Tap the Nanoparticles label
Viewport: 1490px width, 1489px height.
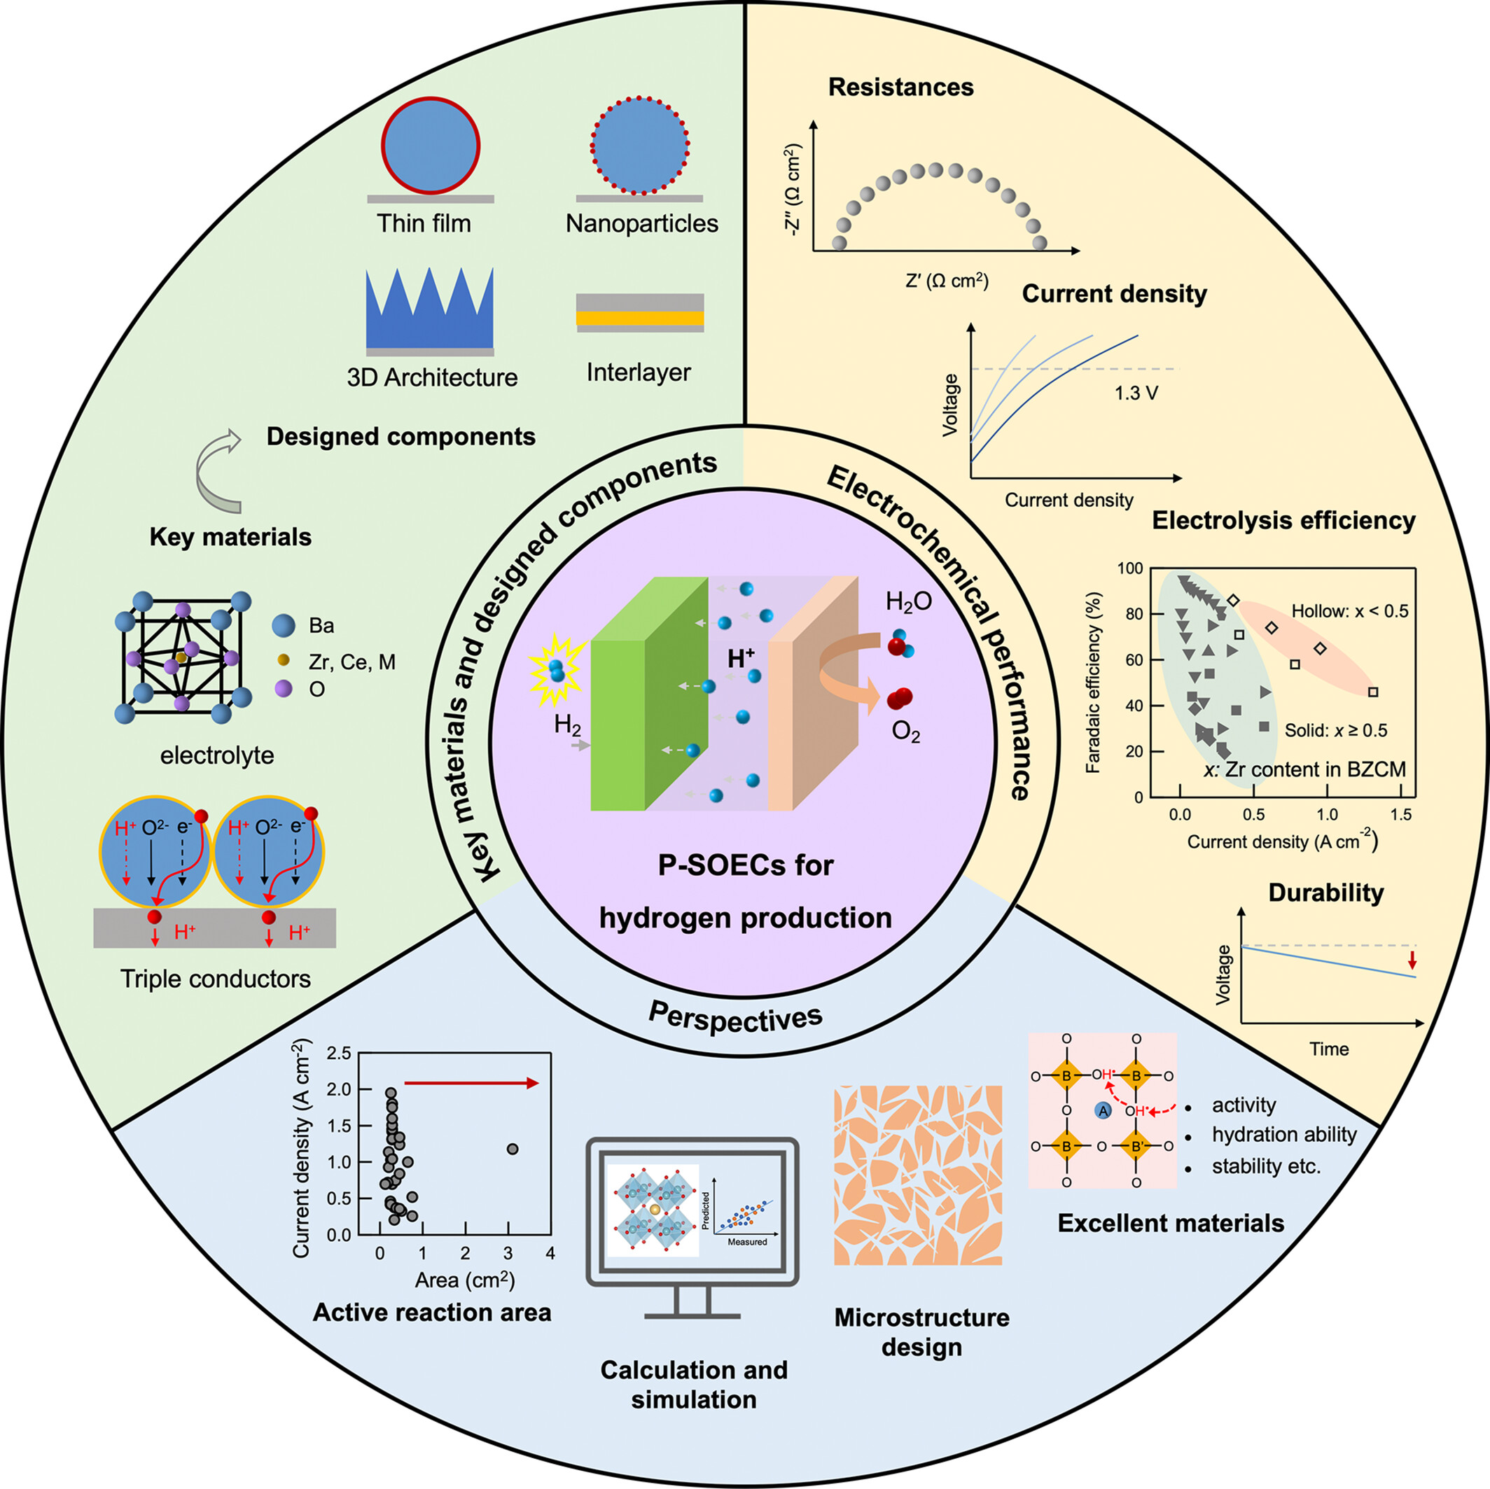click(x=641, y=223)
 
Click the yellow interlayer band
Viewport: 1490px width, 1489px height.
click(x=640, y=318)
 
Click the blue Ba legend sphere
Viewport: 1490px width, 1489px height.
click(x=284, y=624)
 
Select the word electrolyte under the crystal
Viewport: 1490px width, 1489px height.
click(x=217, y=755)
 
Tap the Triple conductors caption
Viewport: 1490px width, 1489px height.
click(x=215, y=979)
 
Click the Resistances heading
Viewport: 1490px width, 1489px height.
click(x=900, y=87)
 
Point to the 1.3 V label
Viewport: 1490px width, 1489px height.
click(x=1135, y=393)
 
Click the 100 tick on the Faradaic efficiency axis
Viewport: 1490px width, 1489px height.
click(x=1130, y=568)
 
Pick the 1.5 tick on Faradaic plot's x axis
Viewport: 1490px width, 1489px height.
click(x=1400, y=814)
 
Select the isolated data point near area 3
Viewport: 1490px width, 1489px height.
click(x=512, y=1149)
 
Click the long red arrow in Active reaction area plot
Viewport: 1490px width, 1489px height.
click(x=471, y=1084)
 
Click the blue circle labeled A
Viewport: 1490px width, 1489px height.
click(x=1103, y=1110)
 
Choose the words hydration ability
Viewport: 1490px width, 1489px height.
click(x=1283, y=1134)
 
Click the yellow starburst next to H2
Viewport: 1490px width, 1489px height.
click(x=555, y=671)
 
